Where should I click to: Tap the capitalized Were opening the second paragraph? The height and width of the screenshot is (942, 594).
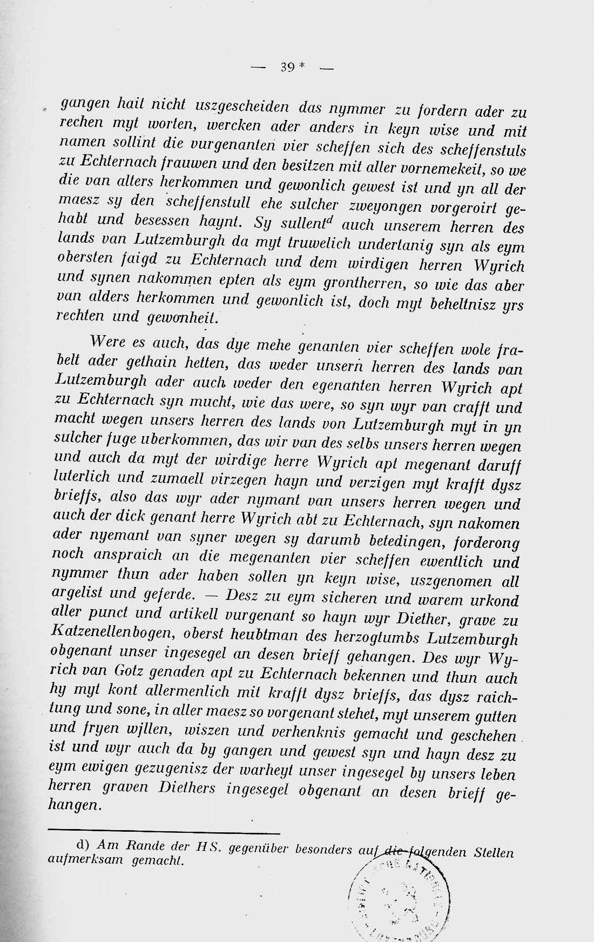[109, 342]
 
